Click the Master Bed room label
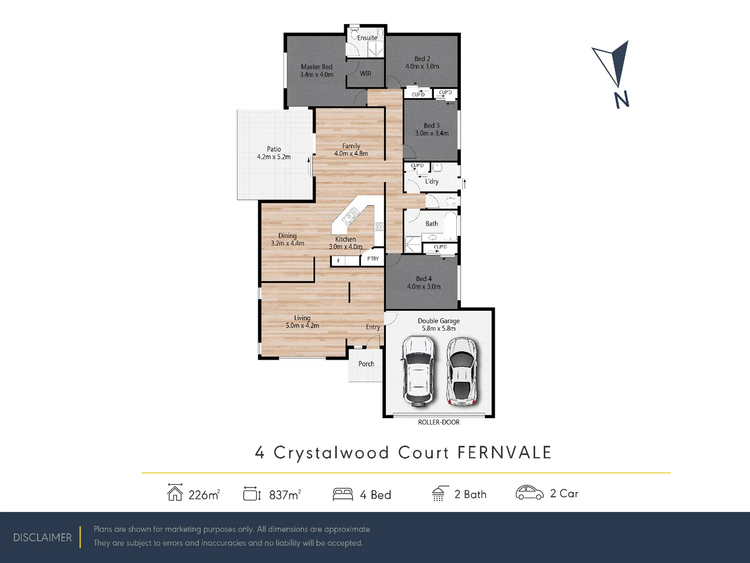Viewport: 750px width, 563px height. tap(316, 67)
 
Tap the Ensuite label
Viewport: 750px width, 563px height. tap(367, 38)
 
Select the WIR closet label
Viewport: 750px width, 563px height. tap(366, 74)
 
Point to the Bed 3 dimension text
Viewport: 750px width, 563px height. tap(431, 133)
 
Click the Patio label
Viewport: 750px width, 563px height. tap(274, 149)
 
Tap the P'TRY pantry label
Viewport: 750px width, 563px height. tap(373, 259)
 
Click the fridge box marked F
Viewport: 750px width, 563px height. tap(339, 261)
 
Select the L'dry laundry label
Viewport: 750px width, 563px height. tap(432, 181)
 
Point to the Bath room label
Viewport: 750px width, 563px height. tap(432, 224)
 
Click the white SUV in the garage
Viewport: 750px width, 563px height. tap(418, 371)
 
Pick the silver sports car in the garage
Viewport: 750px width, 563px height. tap(462, 371)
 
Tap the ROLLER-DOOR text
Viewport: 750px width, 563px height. tap(439, 422)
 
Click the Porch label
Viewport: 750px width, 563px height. tap(366, 364)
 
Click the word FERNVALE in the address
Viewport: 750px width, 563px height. tap(504, 452)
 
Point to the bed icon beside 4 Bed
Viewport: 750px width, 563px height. tap(343, 494)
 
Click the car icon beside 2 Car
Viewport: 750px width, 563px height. tap(529, 493)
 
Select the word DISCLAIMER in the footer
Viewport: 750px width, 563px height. tap(43, 537)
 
